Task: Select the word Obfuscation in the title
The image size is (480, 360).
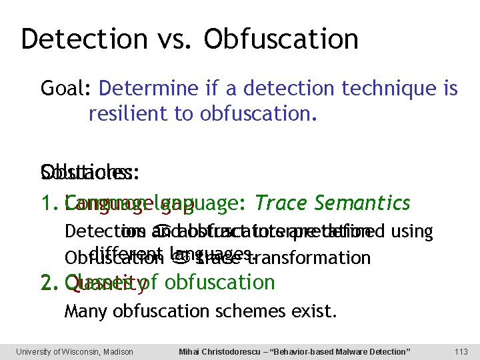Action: (281, 39)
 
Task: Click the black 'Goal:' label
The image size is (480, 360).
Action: (67, 89)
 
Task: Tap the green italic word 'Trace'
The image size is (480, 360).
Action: (278, 203)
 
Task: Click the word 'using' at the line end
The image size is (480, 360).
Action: (413, 232)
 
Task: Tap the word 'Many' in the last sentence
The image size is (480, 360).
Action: (81, 311)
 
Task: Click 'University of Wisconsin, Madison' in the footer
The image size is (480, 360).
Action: (75, 351)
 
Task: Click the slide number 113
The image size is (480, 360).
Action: (461, 351)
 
